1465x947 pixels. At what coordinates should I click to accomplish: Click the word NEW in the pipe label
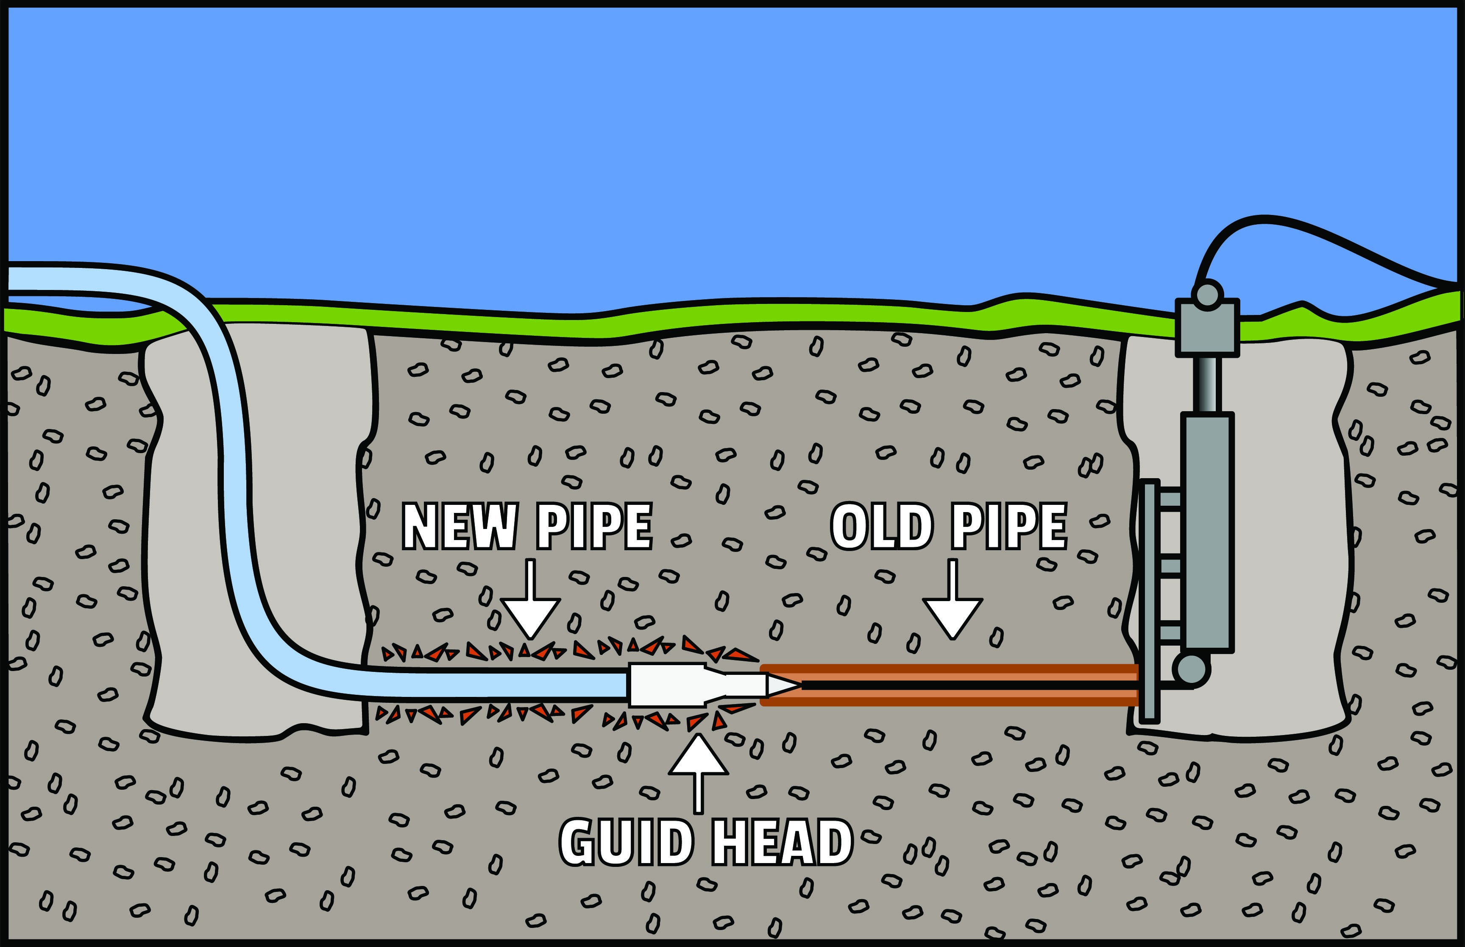pyautogui.click(x=459, y=526)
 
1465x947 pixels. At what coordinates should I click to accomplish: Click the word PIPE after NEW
pyautogui.click(x=594, y=526)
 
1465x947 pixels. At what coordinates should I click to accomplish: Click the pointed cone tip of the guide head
pyautogui.click(x=782, y=685)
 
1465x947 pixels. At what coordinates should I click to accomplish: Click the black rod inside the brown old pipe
pyautogui.click(x=965, y=685)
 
